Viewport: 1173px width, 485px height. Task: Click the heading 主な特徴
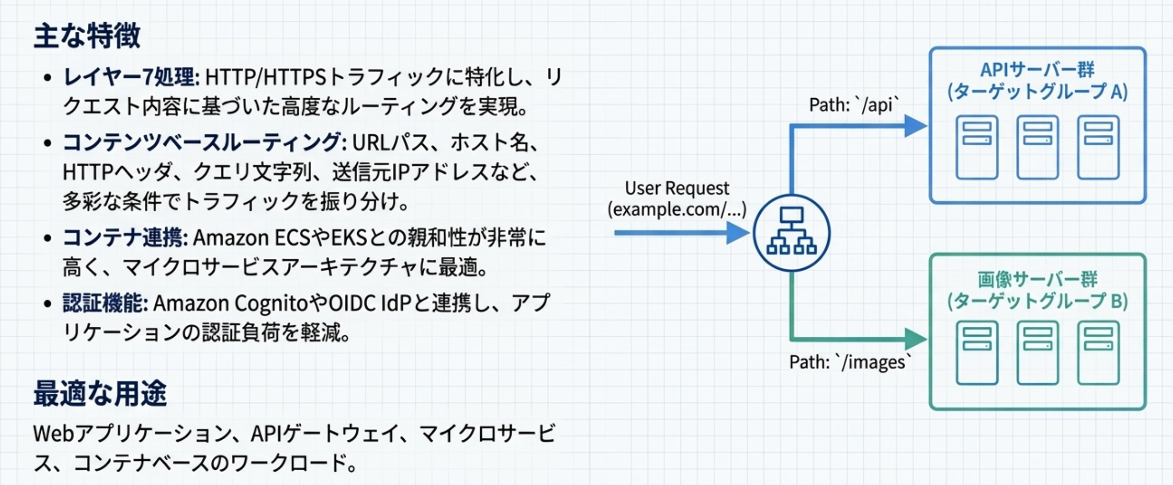(x=87, y=36)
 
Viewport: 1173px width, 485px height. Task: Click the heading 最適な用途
(x=100, y=394)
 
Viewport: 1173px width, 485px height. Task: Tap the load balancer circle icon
(x=791, y=233)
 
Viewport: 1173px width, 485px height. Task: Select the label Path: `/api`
(x=854, y=105)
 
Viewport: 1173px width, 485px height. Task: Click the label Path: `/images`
(x=850, y=362)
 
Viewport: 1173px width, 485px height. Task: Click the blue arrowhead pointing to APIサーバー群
(x=915, y=126)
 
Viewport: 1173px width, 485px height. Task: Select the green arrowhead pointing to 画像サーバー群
(x=915, y=340)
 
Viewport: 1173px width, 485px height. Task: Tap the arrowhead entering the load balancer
(x=738, y=233)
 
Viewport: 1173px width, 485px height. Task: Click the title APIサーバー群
(x=1037, y=70)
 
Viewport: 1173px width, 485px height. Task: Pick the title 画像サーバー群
(x=1037, y=280)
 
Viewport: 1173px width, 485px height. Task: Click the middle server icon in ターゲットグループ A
(x=1038, y=147)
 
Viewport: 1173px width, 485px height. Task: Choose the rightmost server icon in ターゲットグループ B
(x=1098, y=353)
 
